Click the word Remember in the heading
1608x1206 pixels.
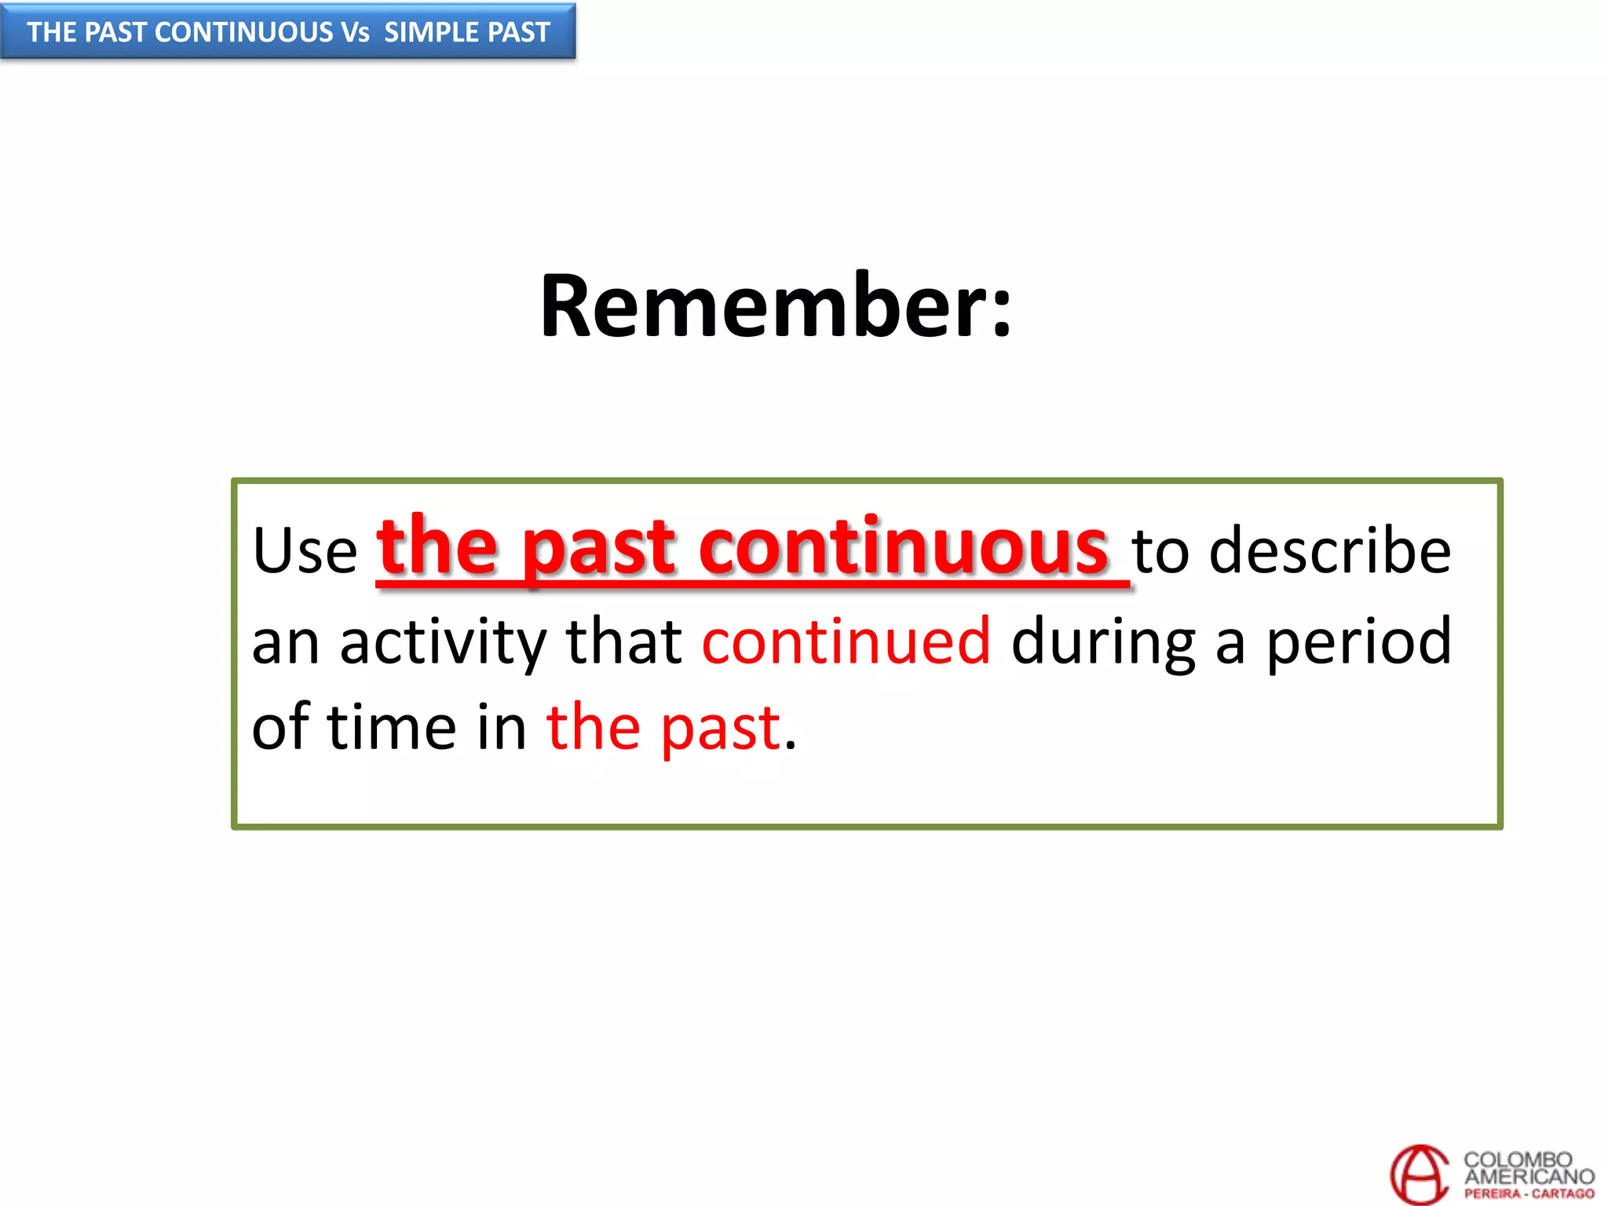click(758, 306)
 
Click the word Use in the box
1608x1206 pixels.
click(305, 550)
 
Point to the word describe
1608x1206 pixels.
click(1329, 550)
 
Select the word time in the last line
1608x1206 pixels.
click(391, 727)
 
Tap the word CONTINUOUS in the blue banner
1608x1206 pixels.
click(244, 32)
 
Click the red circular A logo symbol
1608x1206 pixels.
click(1420, 1175)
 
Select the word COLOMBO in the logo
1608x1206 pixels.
click(1517, 1160)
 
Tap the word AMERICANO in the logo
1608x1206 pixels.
click(1529, 1176)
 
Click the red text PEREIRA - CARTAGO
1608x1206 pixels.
click(1529, 1193)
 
